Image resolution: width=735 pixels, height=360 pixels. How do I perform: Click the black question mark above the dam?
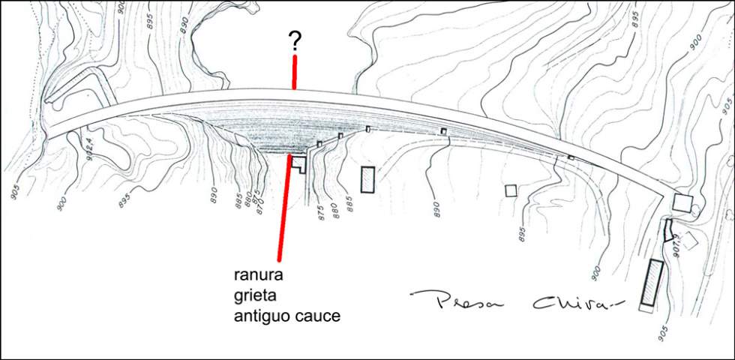[295, 41]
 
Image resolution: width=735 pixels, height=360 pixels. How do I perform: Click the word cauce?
[318, 316]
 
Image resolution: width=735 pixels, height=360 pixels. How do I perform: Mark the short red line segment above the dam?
[295, 72]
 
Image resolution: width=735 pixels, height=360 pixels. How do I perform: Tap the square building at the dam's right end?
[682, 202]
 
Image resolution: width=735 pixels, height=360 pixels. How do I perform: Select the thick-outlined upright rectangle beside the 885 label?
[367, 180]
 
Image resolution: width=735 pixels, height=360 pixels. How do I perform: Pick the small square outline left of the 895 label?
[511, 190]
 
